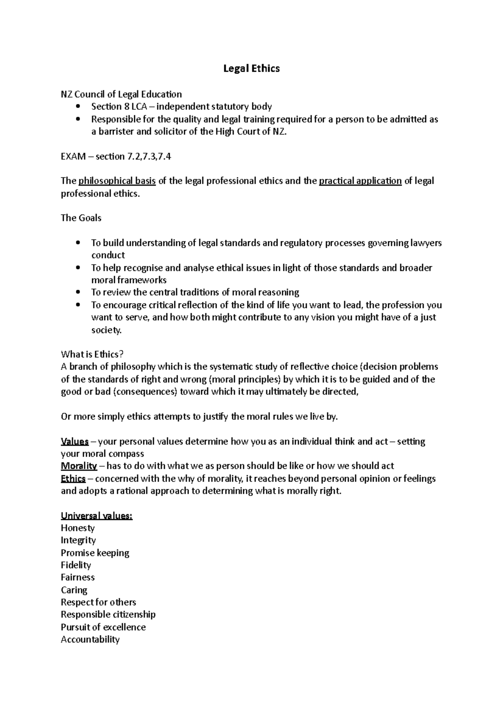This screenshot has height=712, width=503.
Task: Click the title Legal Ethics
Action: [x=251, y=68]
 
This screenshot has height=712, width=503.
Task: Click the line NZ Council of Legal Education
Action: [x=121, y=94]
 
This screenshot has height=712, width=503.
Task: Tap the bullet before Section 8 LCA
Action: [x=78, y=107]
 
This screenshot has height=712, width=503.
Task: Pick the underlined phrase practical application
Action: [x=360, y=181]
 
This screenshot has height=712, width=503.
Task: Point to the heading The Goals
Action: [x=81, y=218]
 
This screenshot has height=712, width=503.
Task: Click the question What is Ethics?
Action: [x=93, y=354]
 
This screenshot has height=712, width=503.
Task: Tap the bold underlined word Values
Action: [x=75, y=442]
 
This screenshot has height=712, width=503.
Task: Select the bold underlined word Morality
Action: [x=79, y=466]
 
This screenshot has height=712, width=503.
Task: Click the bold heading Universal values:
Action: [x=96, y=516]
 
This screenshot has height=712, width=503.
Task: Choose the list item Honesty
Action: [x=78, y=528]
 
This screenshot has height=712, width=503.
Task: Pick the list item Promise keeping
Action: [x=95, y=553]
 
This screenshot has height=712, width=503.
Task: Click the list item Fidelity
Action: [x=75, y=565]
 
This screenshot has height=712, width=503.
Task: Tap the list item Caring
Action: [x=74, y=590]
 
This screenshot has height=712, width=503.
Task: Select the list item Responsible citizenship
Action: [x=108, y=615]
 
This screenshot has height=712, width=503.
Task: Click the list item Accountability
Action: [x=90, y=639]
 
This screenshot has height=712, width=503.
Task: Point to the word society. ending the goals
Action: [x=106, y=330]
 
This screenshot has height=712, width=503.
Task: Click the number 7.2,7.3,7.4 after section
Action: [x=149, y=156]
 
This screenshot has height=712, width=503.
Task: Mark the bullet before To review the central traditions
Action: [x=78, y=292]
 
